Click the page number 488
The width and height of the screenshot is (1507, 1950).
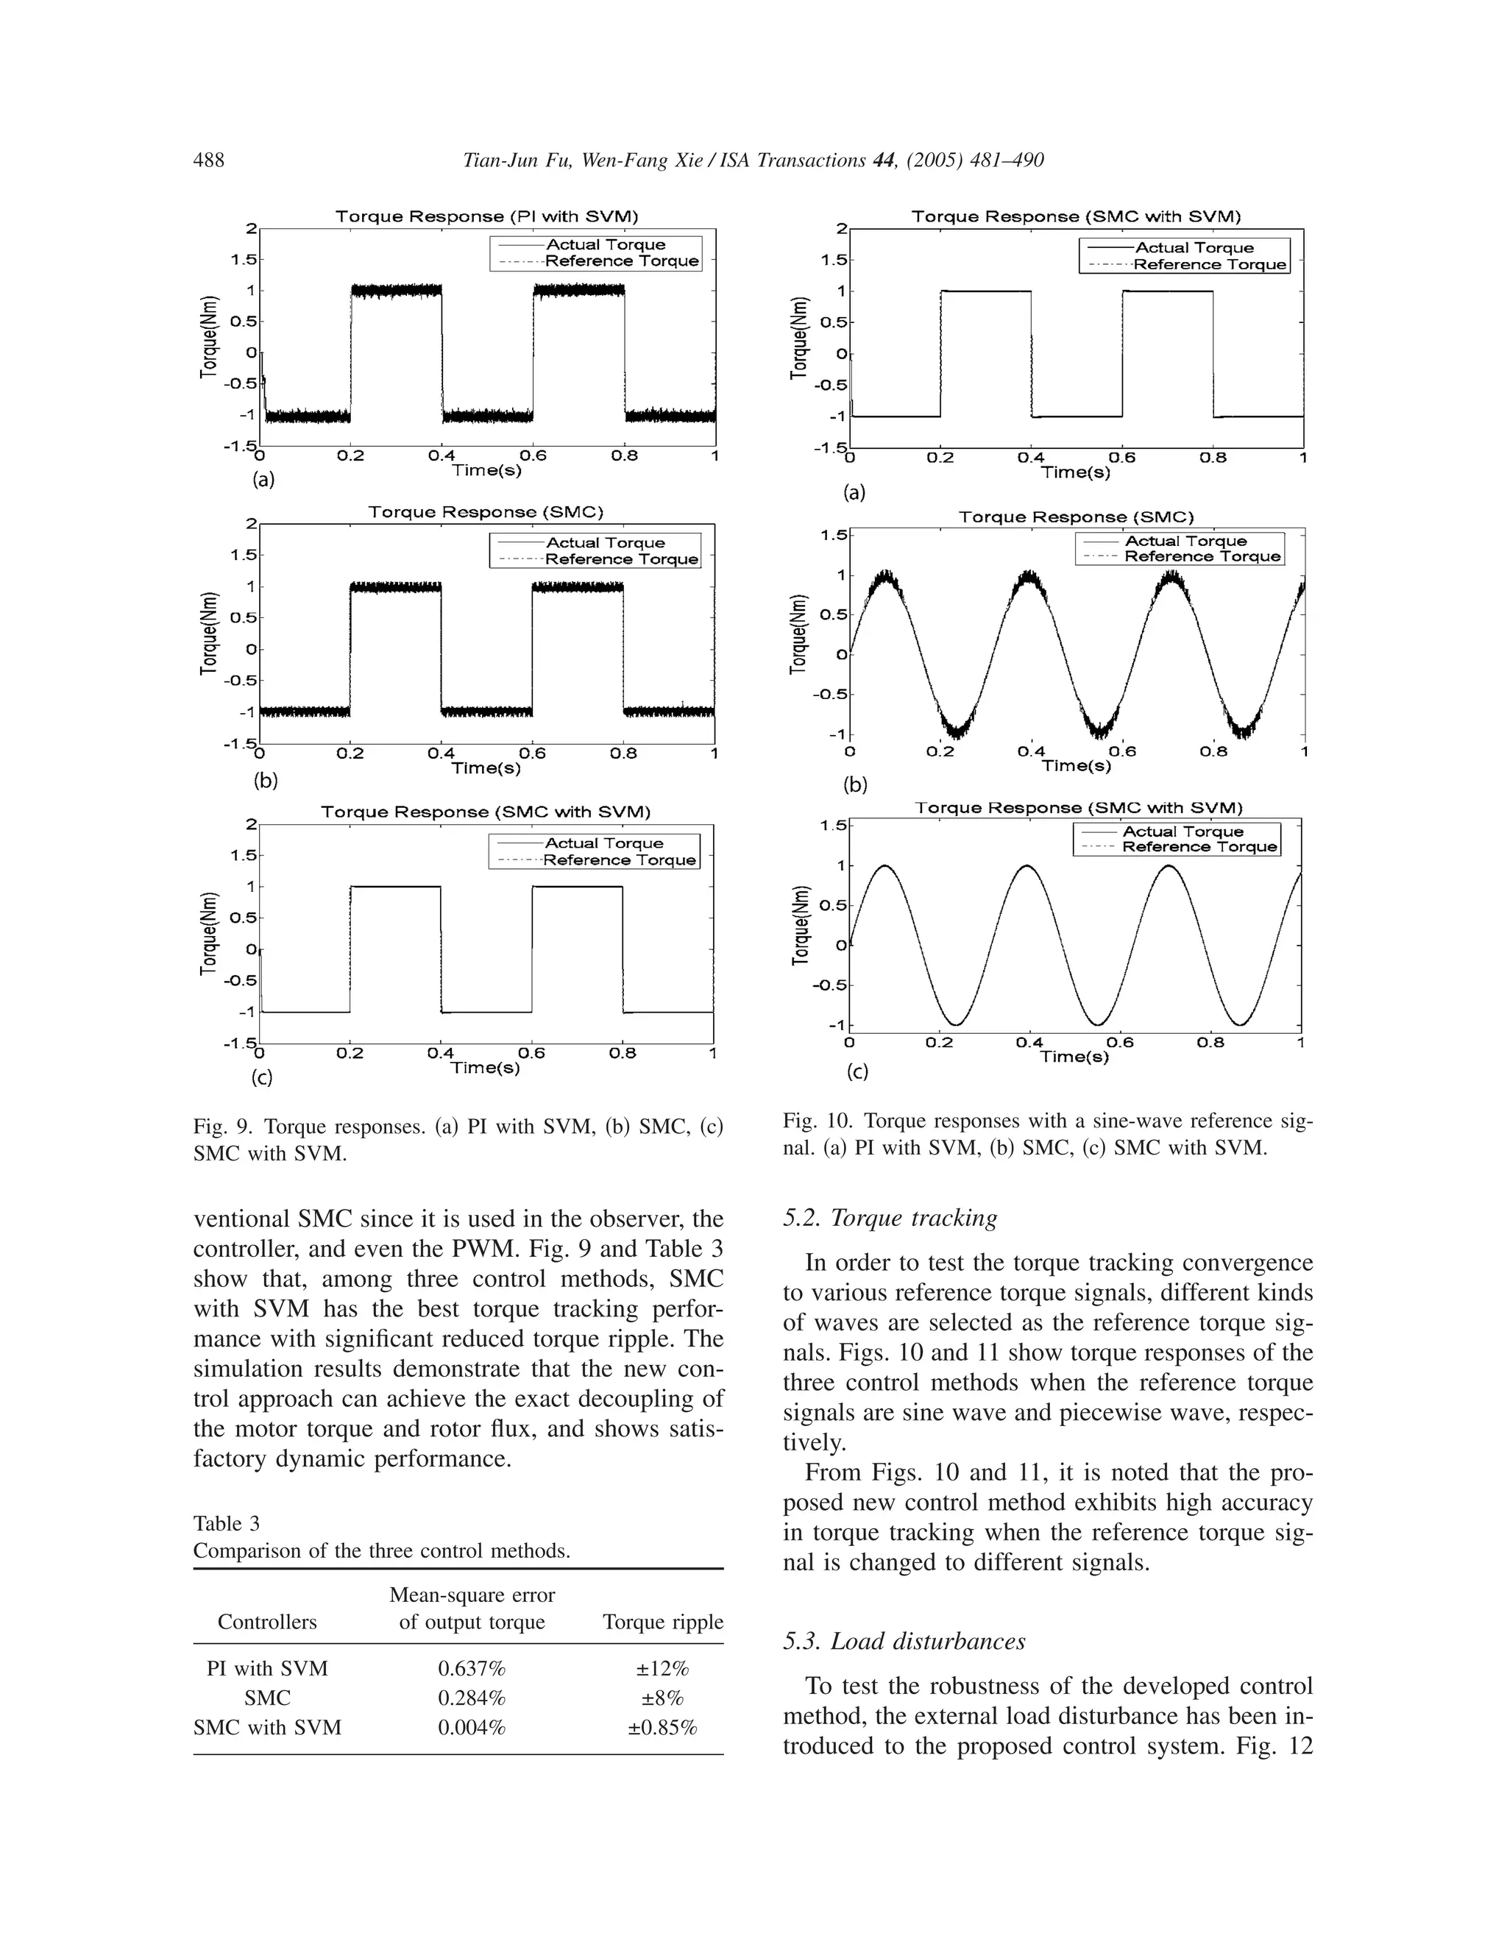209,160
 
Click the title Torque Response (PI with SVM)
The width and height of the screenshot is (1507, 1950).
486,217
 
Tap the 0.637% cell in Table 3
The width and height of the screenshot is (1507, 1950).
472,1669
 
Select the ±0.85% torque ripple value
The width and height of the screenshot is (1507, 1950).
662,1728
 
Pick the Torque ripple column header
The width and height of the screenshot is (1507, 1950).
662,1623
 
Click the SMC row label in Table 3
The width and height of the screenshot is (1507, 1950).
267,1698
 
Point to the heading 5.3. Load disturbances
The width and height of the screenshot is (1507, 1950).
904,1641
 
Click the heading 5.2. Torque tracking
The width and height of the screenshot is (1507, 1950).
890,1218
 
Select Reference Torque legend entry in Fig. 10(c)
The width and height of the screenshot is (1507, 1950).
1199,846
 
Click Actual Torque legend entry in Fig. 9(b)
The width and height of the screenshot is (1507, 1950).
606,543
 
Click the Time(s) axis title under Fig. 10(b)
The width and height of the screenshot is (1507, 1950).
1076,765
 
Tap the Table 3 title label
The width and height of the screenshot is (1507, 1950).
226,1523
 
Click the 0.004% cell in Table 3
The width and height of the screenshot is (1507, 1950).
472,1728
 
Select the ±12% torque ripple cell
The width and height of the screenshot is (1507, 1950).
662,1669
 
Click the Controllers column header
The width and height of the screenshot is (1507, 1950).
267,1623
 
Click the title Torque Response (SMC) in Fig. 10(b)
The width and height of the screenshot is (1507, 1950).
1076,517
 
